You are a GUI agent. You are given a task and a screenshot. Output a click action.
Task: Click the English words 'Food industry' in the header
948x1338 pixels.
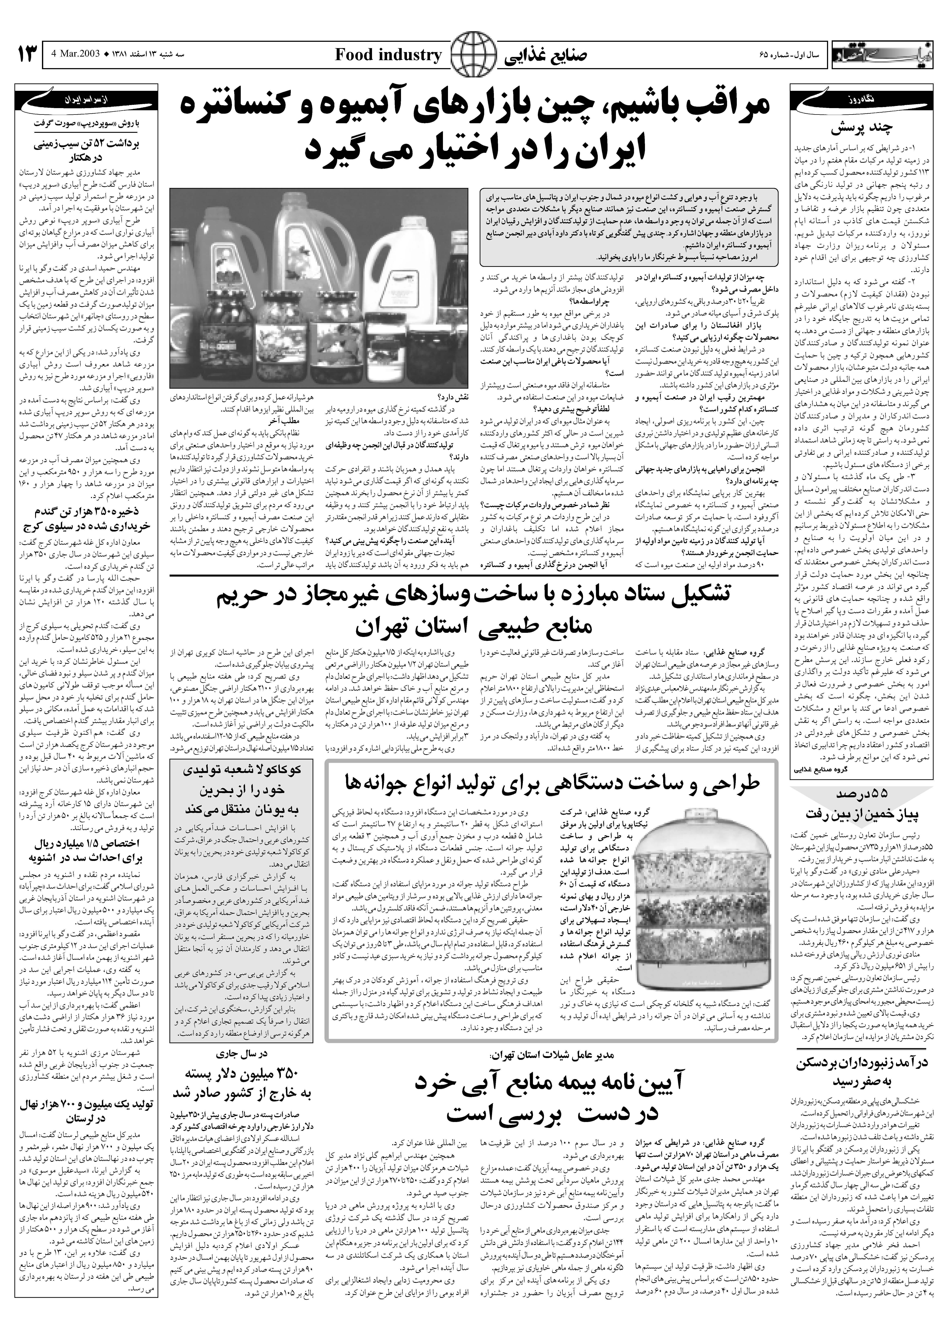coord(388,55)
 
